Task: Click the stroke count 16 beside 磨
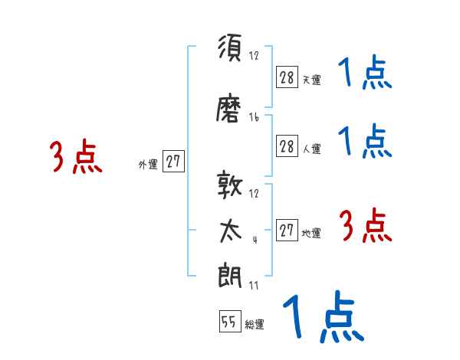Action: coord(254,118)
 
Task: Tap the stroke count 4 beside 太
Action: coord(254,240)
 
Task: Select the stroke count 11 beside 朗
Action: coord(254,286)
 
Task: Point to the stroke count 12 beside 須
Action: coord(254,56)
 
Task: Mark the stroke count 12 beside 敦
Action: coord(254,193)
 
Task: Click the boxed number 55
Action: coord(229,322)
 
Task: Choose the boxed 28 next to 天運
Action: coord(287,77)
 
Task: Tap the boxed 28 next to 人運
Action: coord(287,147)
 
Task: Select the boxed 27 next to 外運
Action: coord(173,162)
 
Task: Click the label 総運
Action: coord(255,325)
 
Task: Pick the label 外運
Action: coord(147,164)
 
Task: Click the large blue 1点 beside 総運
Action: coord(323,316)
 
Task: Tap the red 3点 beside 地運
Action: coord(365,227)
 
